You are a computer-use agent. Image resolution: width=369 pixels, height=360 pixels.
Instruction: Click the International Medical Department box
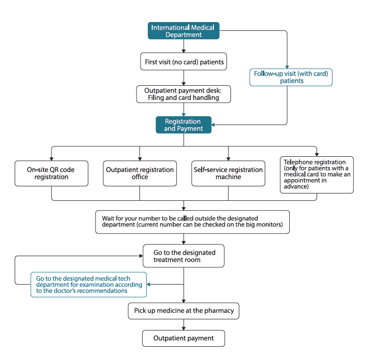point(184,31)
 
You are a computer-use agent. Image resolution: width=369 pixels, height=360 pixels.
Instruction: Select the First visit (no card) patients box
point(184,62)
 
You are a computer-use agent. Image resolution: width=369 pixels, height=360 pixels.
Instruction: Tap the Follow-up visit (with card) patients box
point(291,77)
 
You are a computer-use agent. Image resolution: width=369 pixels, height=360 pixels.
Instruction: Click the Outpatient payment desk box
point(184,94)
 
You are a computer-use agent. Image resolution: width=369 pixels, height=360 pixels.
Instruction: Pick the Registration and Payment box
point(184,125)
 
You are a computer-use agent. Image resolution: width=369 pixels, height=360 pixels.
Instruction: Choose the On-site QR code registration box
point(51,173)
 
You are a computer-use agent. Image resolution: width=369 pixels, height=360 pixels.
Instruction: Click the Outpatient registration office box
point(140,173)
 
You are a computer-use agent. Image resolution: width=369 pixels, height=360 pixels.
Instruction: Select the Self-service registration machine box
point(228,173)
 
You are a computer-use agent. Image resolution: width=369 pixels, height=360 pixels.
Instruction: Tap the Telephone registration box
point(317,175)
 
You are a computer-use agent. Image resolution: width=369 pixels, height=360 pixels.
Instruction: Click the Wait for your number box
point(192,222)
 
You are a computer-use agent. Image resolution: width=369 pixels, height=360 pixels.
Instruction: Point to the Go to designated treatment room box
point(184,256)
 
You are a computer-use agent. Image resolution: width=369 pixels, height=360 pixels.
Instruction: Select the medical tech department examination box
point(89,285)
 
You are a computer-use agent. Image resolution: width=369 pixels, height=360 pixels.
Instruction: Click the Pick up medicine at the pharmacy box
point(184,311)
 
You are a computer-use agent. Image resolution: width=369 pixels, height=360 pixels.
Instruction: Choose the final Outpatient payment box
point(184,338)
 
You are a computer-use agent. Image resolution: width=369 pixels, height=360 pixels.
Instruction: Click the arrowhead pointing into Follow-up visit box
point(287,67)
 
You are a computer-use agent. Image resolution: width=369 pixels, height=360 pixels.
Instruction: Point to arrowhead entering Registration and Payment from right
point(213,125)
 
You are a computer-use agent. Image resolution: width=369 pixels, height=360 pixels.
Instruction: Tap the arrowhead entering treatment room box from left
point(141,256)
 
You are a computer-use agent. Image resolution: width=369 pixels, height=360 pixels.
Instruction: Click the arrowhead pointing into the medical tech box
point(148,285)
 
